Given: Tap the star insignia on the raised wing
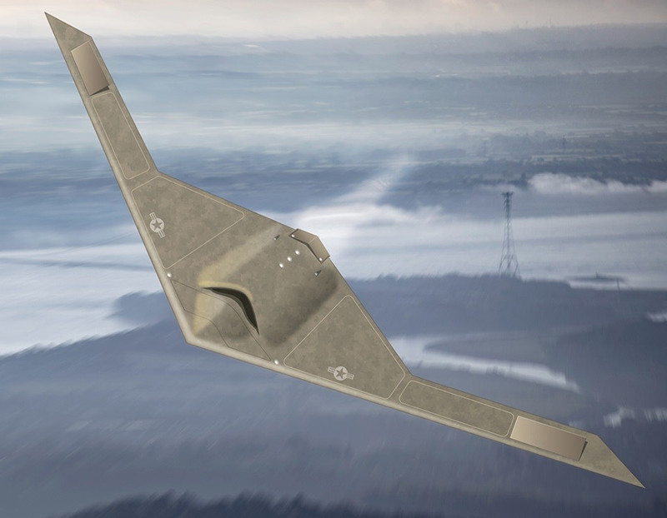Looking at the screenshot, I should pos(157,223).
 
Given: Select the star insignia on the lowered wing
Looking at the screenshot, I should pos(340,372).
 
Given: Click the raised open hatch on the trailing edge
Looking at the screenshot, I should pos(310,244).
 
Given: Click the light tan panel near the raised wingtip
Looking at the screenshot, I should pos(90,68).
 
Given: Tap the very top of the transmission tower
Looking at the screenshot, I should pos(506,194).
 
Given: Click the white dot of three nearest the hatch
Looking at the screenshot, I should pos(291,258).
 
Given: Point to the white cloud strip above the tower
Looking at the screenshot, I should pos(584,183).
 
